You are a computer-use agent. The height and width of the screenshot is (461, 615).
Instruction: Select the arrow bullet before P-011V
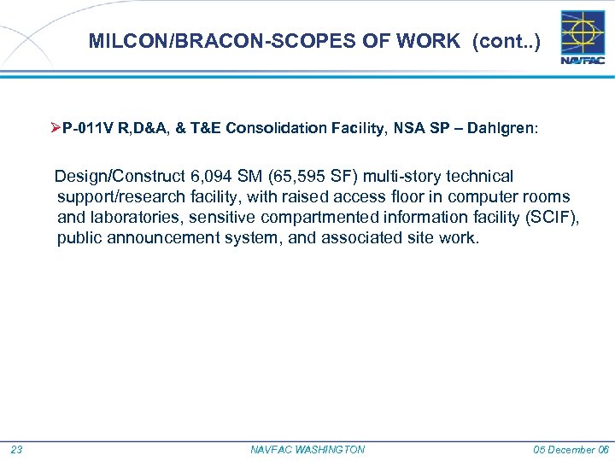pos(56,128)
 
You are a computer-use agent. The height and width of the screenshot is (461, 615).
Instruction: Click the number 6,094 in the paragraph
pos(214,177)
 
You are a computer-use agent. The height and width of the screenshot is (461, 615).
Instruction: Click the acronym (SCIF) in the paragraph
pos(553,218)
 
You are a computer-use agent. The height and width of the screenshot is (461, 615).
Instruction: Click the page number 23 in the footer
pos(16,450)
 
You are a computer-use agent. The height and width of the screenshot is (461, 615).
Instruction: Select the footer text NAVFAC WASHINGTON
pos(307,450)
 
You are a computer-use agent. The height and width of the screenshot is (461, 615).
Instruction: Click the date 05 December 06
pos(570,450)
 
